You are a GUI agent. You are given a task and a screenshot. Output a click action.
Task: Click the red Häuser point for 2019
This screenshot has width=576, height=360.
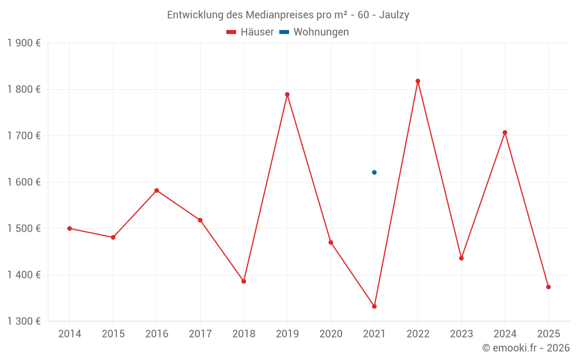click(287, 94)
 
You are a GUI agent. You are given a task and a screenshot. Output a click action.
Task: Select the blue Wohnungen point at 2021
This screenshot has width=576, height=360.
click(374, 172)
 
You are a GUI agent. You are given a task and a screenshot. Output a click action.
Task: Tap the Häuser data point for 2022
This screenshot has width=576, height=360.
click(418, 81)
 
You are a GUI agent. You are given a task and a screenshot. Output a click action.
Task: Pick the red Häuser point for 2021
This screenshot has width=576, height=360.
click(374, 306)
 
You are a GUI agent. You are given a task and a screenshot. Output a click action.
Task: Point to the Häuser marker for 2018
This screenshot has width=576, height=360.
click(244, 281)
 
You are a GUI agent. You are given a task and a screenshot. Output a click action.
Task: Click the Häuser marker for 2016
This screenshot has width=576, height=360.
click(157, 191)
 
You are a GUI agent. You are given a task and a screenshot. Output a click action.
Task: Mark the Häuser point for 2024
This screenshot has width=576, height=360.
click(505, 132)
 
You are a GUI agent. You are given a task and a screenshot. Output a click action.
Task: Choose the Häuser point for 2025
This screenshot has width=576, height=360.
click(548, 287)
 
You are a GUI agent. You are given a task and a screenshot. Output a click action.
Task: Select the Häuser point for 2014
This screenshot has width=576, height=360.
click(70, 229)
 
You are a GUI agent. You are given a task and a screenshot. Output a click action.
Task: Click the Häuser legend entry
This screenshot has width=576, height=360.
click(251, 32)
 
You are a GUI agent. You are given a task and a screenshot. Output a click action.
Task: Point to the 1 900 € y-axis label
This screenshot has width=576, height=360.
click(24, 43)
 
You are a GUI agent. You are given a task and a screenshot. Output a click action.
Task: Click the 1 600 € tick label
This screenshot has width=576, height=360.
click(24, 182)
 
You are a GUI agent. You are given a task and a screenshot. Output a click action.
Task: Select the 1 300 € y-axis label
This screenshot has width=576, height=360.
click(24, 321)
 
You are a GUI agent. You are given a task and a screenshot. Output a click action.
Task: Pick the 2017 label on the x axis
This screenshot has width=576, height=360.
click(200, 334)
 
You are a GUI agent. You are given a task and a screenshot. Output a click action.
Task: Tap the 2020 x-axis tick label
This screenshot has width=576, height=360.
click(331, 334)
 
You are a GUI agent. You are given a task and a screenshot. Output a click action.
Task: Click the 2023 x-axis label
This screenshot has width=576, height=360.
click(461, 334)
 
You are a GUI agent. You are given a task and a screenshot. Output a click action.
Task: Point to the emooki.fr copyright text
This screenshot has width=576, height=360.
click(526, 348)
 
